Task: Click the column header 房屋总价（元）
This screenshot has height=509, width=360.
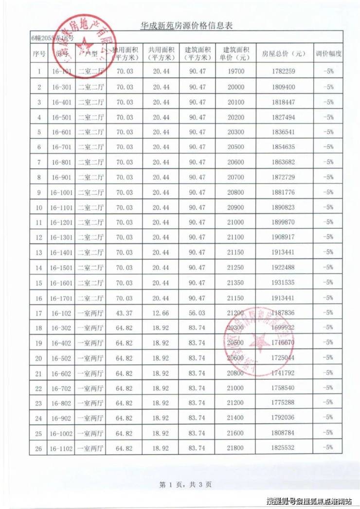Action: tap(284, 54)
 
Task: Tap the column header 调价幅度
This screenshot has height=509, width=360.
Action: tap(328, 54)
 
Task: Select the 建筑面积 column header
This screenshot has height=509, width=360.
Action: tap(198, 54)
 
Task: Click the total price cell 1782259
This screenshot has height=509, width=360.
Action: tap(284, 72)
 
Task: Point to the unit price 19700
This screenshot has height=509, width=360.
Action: tap(238, 72)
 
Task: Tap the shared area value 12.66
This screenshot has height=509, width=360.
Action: tap(161, 312)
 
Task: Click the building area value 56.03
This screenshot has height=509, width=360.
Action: tap(198, 312)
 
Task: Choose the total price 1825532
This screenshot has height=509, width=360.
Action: tap(284, 448)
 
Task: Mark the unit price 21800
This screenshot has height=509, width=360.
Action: tap(238, 448)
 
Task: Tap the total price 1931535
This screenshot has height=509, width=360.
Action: tap(284, 283)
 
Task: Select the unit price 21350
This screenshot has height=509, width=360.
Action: tap(238, 283)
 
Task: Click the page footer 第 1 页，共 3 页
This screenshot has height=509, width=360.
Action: tap(185, 484)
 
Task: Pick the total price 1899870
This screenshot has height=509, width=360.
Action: tap(284, 222)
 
